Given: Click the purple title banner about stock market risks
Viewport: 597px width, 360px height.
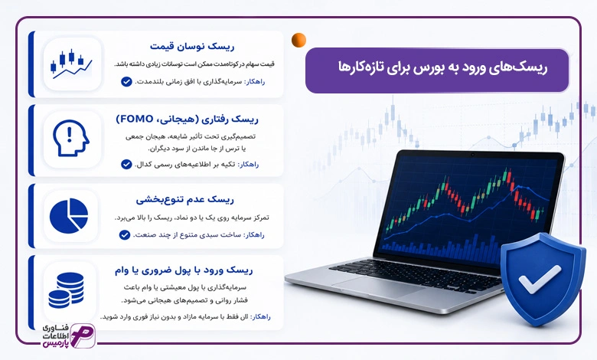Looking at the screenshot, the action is [437, 70].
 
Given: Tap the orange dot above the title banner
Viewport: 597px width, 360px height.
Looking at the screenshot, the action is [298, 40].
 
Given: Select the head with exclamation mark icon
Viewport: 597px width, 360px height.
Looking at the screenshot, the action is [71, 138].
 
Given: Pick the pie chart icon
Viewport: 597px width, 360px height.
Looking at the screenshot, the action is [69, 216].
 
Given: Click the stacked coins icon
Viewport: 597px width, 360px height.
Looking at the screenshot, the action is [67, 290].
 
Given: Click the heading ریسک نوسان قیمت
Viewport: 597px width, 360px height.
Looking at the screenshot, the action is [192, 47].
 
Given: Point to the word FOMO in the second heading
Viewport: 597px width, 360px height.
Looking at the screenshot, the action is [135, 119].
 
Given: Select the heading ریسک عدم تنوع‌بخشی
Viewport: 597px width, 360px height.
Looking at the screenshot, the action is [185, 199].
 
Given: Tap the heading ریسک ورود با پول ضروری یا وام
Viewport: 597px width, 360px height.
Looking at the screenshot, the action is [184, 270].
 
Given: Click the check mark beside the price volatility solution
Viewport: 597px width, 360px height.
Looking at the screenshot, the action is [126, 82].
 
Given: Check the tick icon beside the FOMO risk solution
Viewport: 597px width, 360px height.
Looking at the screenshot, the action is [126, 164].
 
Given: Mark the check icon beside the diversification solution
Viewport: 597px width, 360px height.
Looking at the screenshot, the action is [125, 234].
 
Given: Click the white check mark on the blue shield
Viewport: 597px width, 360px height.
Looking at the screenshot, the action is [540, 280].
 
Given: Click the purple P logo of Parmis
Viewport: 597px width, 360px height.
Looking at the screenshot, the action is [83, 335].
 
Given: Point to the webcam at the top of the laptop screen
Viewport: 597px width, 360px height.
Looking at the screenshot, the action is [472, 155].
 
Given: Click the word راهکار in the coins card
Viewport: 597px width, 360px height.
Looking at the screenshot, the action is [261, 317].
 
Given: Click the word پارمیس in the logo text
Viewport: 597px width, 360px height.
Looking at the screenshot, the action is [54, 343].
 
